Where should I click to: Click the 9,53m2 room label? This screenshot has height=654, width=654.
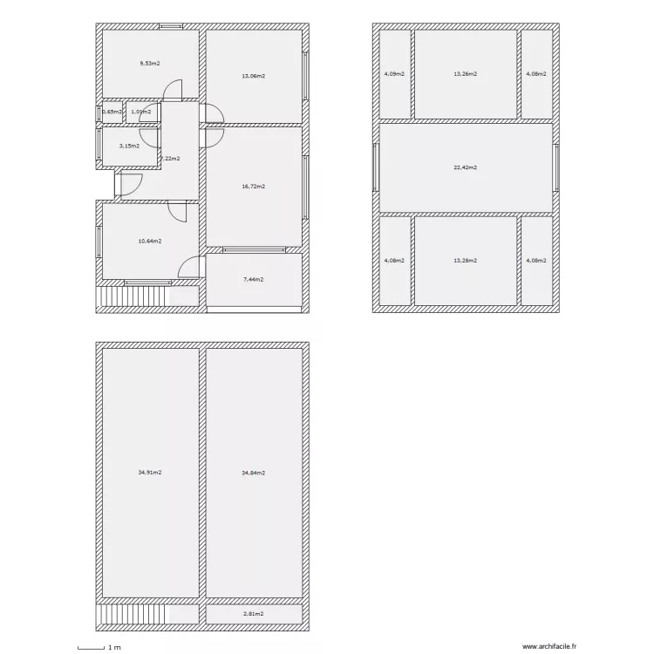(150, 64)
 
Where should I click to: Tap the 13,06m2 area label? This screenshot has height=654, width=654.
(253, 76)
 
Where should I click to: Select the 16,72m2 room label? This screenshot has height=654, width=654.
(253, 186)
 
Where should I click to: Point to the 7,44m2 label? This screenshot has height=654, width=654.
(252, 280)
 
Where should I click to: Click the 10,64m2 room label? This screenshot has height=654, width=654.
(149, 241)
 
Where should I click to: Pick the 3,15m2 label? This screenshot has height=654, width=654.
(129, 146)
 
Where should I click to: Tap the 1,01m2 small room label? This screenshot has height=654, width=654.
(140, 112)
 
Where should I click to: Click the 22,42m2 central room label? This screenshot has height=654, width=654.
(465, 167)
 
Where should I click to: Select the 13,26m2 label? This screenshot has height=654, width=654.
(465, 74)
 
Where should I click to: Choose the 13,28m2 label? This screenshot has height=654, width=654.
(465, 260)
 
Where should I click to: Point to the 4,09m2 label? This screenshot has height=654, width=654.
(394, 74)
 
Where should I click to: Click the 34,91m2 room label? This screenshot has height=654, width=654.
(150, 473)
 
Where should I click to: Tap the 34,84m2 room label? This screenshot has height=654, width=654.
(253, 473)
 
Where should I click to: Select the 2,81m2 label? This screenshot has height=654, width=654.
(252, 614)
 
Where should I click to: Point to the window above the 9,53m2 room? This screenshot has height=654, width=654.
(171, 26)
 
